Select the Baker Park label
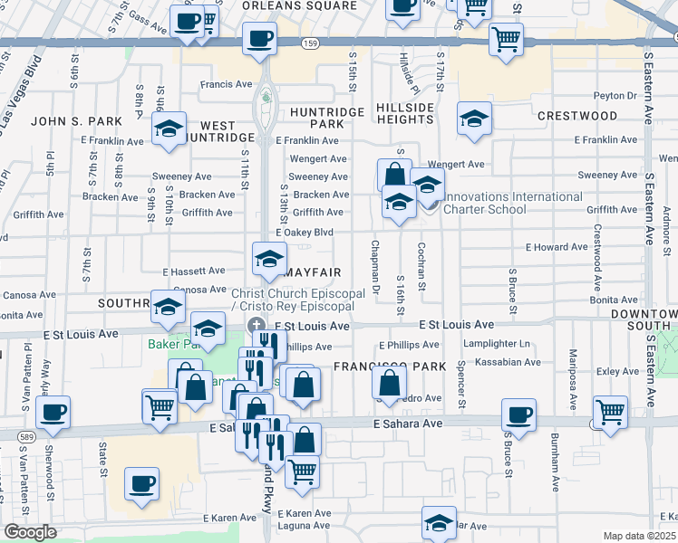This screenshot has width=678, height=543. pyautogui.click(x=169, y=345)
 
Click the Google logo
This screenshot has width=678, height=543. pyautogui.click(x=29, y=532)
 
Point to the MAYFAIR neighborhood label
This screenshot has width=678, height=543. pyautogui.click(x=314, y=271)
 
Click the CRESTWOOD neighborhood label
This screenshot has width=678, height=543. pyautogui.click(x=577, y=117)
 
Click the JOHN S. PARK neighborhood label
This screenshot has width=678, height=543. pyautogui.click(x=70, y=120)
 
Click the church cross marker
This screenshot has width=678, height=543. pyautogui.click(x=257, y=326)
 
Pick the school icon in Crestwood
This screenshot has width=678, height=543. pyautogui.click(x=474, y=119)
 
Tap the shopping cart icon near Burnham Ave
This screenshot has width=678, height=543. pyautogui.click(x=611, y=412)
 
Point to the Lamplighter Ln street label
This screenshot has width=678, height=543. pyautogui.click(x=496, y=344)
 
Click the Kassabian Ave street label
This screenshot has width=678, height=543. pyautogui.click(x=508, y=362)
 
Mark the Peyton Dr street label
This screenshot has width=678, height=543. pyautogui.click(x=616, y=95)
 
